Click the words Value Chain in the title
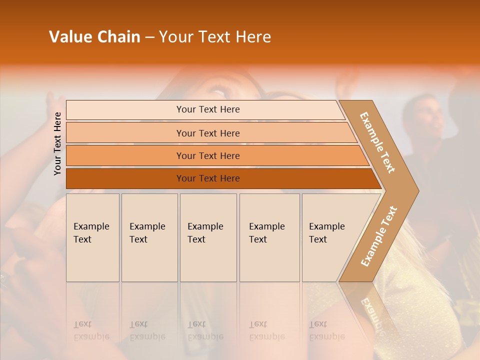[x=94, y=37]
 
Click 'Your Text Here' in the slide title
[x=215, y=37]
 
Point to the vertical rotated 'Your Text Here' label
[x=57, y=144]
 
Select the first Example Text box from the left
[x=92, y=237]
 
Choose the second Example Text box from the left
[x=149, y=237]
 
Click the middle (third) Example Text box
[x=208, y=237]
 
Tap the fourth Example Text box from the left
[x=269, y=237]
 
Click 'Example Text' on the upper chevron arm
[x=377, y=142]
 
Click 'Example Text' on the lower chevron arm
[x=379, y=236]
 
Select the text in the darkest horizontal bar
[x=208, y=178]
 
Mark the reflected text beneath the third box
[x=205, y=330]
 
